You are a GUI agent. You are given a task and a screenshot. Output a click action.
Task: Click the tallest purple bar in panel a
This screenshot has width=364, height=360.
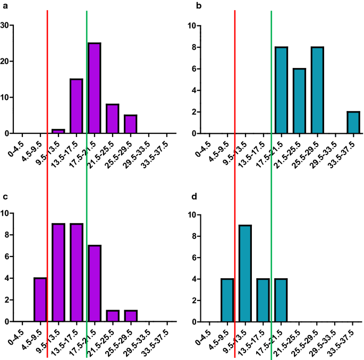click(x=94, y=88)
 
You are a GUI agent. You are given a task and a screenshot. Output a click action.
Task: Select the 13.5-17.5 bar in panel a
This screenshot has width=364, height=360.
click(x=76, y=106)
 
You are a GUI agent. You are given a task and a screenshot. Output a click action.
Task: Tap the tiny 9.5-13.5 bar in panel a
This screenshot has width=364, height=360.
click(x=58, y=131)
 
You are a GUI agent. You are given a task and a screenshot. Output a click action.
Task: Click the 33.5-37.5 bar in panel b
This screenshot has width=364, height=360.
click(x=353, y=123)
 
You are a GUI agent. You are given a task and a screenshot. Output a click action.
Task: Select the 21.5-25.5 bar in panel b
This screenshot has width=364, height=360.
click(x=299, y=101)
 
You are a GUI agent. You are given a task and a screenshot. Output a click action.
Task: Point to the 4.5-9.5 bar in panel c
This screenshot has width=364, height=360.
click(x=40, y=300)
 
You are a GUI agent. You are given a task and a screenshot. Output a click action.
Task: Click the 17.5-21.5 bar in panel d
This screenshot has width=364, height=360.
click(x=281, y=300)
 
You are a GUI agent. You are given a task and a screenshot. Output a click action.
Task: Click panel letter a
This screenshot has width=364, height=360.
click(x=4, y=5)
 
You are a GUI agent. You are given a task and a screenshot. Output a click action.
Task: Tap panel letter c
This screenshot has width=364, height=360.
click(x=4, y=197)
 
